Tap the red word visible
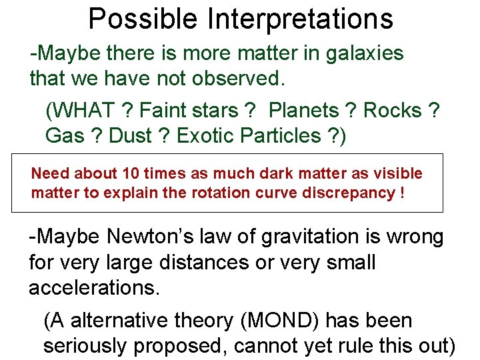[x=399, y=174]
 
